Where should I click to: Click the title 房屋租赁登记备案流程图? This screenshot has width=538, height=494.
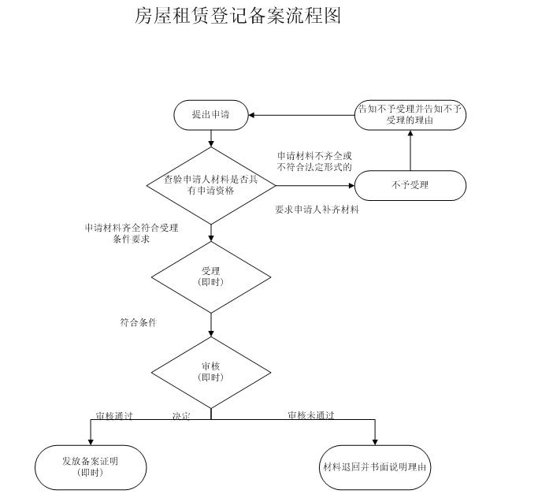click(238, 15)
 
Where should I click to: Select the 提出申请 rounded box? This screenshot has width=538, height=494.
click(211, 115)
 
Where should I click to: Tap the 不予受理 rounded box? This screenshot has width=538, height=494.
click(410, 186)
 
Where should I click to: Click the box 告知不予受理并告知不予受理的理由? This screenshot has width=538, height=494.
click(410, 115)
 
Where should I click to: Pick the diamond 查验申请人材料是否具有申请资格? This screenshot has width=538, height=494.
click(211, 185)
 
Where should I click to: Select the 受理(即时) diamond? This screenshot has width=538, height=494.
click(211, 277)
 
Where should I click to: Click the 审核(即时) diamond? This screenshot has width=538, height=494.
click(211, 372)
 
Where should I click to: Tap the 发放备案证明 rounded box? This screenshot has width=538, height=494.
click(91, 466)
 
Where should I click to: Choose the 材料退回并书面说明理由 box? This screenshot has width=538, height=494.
click(375, 466)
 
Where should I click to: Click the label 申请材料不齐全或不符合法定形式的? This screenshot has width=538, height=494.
click(314, 162)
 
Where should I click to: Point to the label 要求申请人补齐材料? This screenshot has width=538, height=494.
click(317, 210)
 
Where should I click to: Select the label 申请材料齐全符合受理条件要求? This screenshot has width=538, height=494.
click(132, 233)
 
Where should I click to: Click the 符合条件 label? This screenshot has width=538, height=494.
click(138, 322)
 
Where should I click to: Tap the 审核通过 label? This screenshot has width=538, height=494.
click(114, 415)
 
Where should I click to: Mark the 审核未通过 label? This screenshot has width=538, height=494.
click(310, 415)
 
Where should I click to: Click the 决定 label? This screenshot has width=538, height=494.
click(181, 415)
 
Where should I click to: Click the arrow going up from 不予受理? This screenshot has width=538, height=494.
click(410, 151)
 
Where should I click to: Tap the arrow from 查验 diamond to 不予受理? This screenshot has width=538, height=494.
click(315, 186)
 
